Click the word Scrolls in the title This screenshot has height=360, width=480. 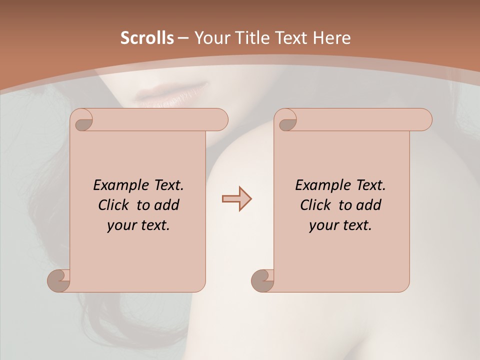pos(147,38)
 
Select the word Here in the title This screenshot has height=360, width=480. pos(331,38)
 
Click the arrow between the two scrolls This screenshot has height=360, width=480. pos(237,199)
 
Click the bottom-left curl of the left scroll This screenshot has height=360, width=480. pos(59,280)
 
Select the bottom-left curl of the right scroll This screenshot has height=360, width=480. pos(263,280)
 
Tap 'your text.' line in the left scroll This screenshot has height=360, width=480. pos(138,225)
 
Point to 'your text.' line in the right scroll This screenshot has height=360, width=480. pos(340,225)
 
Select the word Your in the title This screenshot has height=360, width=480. pos(209,38)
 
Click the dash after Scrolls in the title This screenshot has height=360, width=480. pos(183,38)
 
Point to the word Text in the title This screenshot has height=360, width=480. pos(291,38)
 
